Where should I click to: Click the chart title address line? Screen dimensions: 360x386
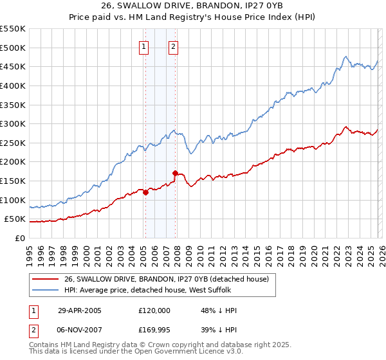coord(193,6)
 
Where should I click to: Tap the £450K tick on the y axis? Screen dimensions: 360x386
coord(13,67)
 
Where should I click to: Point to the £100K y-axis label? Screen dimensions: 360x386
coord(13,201)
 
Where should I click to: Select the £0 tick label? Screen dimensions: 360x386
coord(19,239)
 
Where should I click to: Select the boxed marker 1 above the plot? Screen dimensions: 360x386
coord(143,46)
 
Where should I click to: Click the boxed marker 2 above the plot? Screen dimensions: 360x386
coord(174,46)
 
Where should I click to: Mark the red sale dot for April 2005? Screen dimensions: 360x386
coord(146,192)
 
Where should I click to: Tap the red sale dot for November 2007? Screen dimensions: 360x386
coord(175,173)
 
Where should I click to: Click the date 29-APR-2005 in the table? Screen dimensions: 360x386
coord(80,310)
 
